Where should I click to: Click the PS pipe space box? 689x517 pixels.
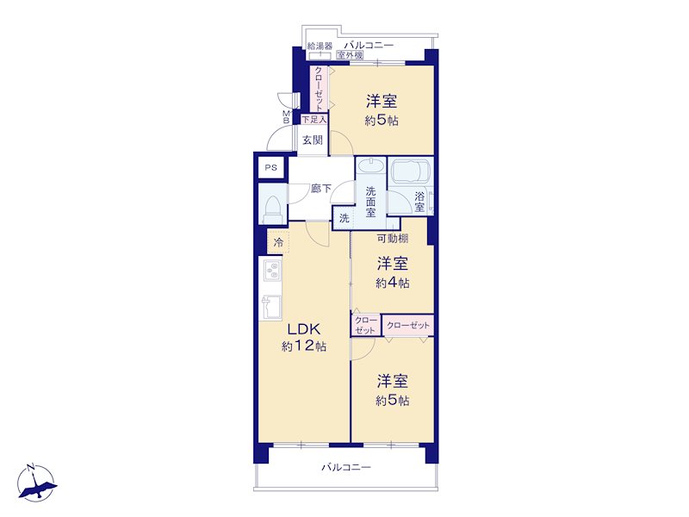271,167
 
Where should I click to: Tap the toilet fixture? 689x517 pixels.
272,209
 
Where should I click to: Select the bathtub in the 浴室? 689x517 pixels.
411,171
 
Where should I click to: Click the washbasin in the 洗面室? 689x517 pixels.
371,167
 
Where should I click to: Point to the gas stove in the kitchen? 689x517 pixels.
272,271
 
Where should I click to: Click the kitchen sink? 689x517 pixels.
271,308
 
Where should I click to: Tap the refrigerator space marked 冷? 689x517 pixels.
278,242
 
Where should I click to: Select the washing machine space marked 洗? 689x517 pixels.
344,218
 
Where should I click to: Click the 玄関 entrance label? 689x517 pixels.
313,140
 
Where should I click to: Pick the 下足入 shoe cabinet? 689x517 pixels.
314,119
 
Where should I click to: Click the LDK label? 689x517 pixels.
304,329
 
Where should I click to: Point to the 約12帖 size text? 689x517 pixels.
304,346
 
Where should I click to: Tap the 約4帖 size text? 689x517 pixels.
393,283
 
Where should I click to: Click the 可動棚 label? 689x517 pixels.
393,239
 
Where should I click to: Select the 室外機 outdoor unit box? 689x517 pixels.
351,55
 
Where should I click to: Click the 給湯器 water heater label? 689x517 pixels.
320,46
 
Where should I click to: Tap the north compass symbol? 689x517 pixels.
37,483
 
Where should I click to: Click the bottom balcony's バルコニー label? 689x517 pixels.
346,467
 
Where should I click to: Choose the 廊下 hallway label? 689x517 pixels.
320,189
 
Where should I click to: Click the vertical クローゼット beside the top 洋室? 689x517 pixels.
319,89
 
